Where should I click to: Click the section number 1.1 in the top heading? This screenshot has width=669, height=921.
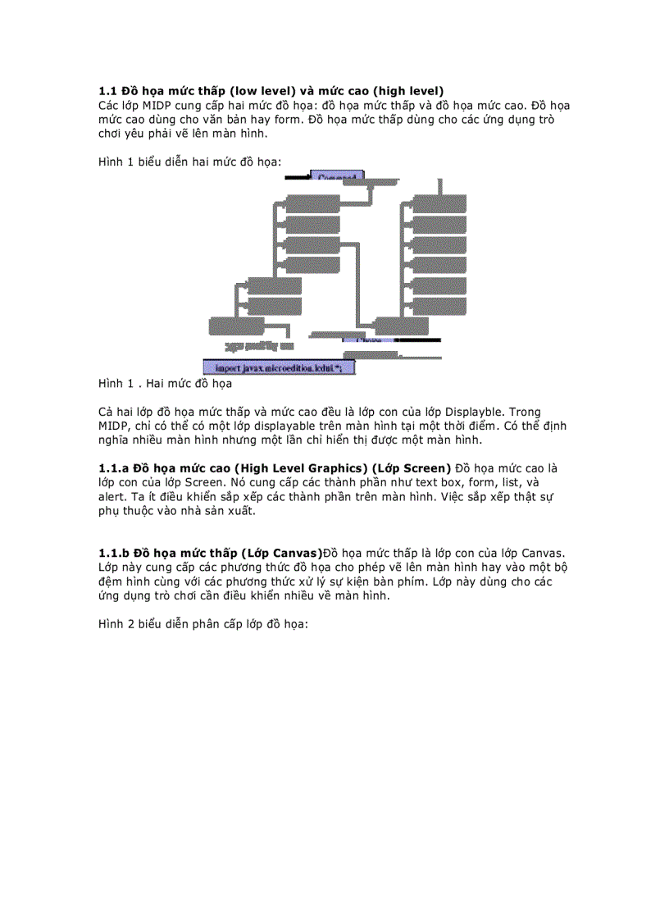108,90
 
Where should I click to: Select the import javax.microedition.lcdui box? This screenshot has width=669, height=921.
279,368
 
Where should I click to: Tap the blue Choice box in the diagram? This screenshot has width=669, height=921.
362,338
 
